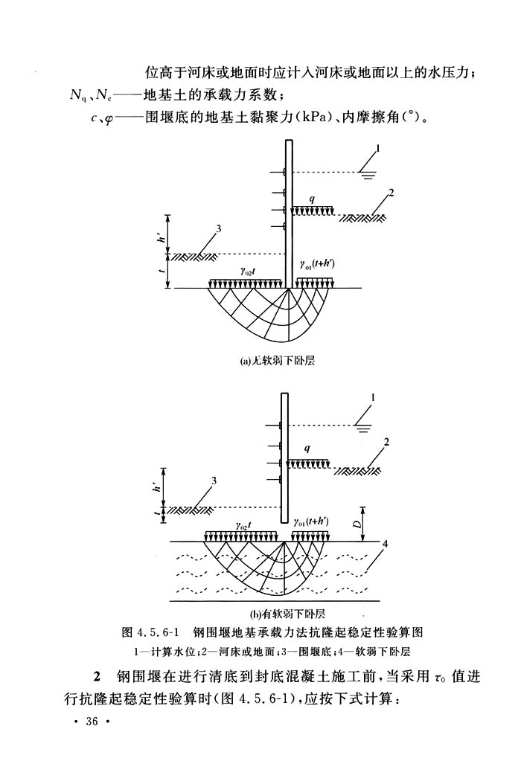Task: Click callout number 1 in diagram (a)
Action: pos(378,148)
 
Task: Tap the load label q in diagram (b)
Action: pos(306,449)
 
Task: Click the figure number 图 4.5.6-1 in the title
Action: pos(153,632)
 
